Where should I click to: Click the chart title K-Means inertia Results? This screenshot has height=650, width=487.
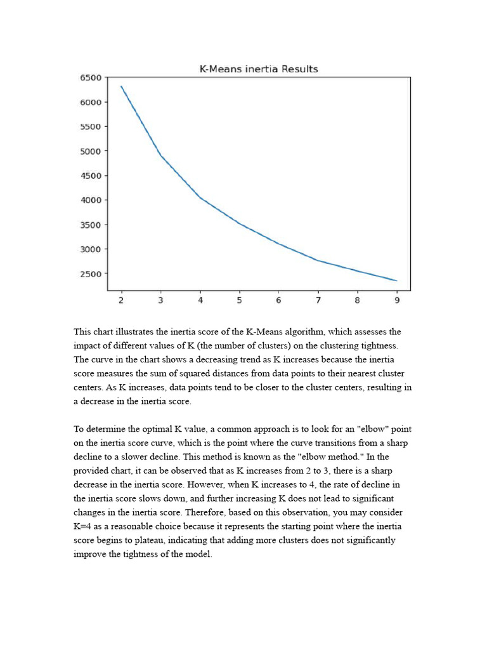click(x=259, y=69)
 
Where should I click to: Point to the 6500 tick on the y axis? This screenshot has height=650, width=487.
click(x=90, y=77)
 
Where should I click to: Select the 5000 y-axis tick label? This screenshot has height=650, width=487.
click(x=90, y=151)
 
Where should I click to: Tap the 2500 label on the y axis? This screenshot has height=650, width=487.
click(x=90, y=274)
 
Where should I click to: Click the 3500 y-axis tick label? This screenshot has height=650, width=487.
click(x=90, y=225)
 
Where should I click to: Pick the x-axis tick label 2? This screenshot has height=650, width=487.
click(x=121, y=301)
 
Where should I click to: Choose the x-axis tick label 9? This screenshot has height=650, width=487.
click(x=397, y=301)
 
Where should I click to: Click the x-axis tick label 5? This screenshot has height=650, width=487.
click(x=239, y=301)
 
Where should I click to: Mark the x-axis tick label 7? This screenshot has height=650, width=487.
click(x=318, y=301)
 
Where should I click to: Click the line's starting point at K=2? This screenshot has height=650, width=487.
click(x=121, y=86)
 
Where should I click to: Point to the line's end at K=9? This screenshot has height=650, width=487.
click(x=397, y=281)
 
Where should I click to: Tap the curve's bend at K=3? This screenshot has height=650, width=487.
click(x=160, y=155)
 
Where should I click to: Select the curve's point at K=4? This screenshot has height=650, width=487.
click(x=200, y=198)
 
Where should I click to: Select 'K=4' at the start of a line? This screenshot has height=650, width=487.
click(x=84, y=526)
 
